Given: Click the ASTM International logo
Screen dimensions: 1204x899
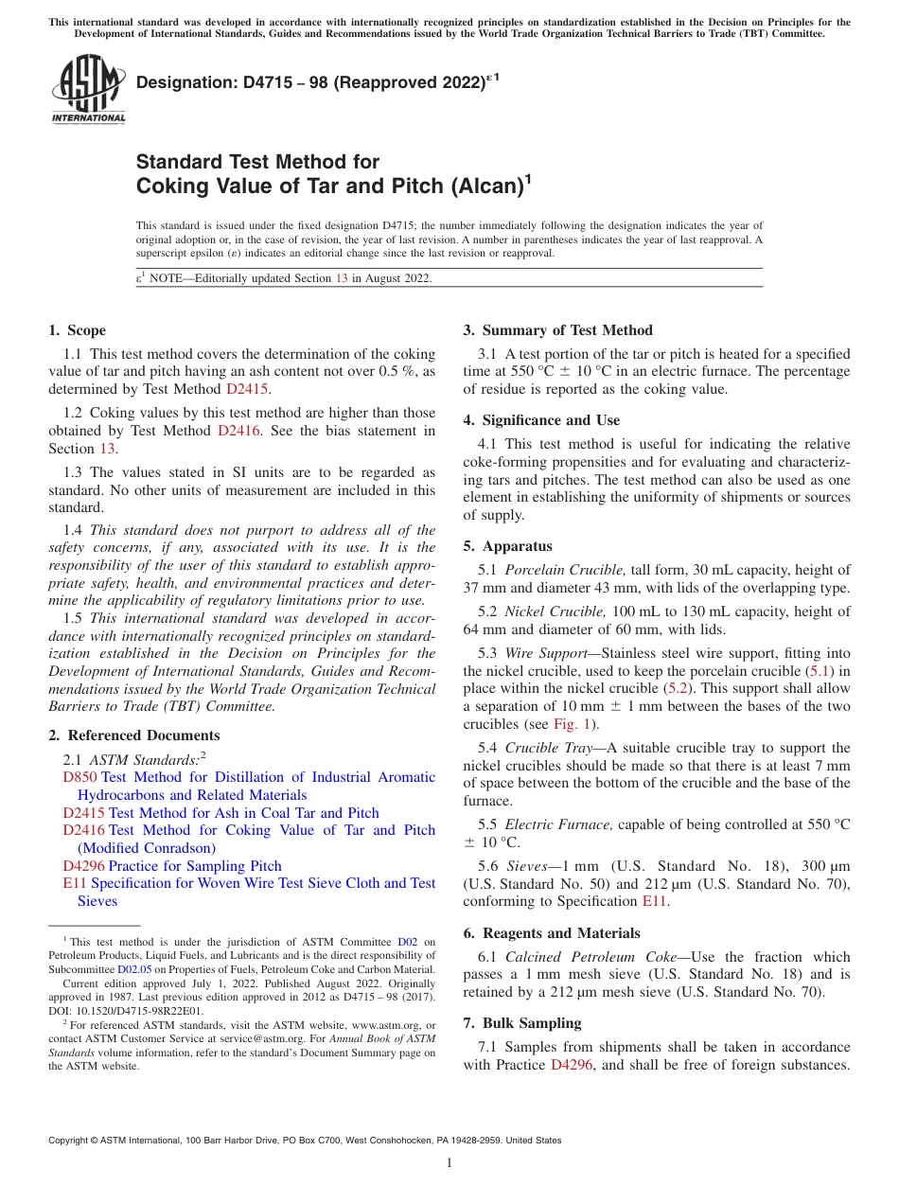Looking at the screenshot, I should click(x=88, y=90).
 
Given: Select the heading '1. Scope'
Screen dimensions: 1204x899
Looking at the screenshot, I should click(x=77, y=330).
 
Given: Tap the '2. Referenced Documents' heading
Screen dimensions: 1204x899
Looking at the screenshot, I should click(x=133, y=735).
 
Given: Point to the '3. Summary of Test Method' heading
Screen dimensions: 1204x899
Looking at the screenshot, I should click(x=557, y=330).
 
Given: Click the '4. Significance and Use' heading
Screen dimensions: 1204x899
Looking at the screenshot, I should click(x=541, y=420).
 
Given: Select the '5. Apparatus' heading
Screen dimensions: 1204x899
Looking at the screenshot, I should click(x=507, y=546).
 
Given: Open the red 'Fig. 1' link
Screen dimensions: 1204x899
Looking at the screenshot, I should click(x=572, y=724).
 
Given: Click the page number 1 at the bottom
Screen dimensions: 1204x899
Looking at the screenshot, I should click(x=449, y=1163).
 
